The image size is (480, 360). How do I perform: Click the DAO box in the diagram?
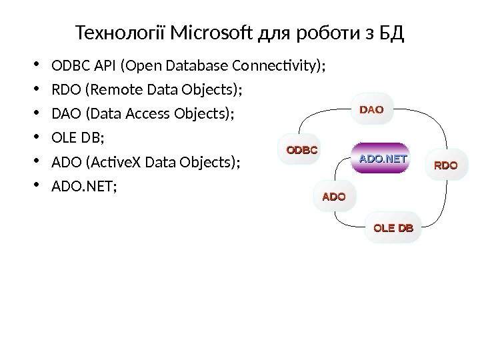tap(372, 110)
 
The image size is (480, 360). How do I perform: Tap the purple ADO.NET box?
tap(383, 159)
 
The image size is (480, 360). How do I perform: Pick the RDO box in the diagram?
tap(446, 165)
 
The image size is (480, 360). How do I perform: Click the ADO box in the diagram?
tap(334, 197)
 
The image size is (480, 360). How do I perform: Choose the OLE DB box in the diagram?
tap(393, 229)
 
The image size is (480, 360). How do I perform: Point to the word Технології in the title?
tap(122, 32)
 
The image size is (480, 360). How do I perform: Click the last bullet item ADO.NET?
tap(83, 187)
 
